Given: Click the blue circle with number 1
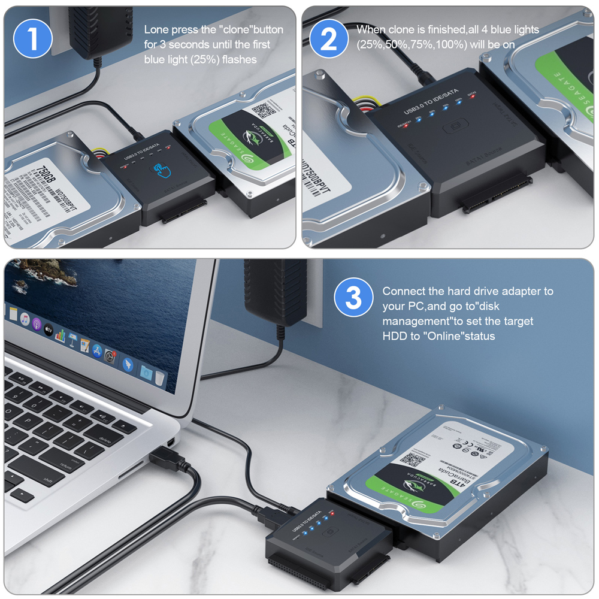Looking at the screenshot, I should pyautogui.click(x=32, y=38).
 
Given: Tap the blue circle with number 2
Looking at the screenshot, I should pyautogui.click(x=329, y=38).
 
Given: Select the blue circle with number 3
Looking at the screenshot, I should pyautogui.click(x=354, y=297).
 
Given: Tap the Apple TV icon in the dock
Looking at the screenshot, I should pyautogui.click(x=47, y=330).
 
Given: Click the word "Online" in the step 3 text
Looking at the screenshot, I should pyautogui.click(x=443, y=336).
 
